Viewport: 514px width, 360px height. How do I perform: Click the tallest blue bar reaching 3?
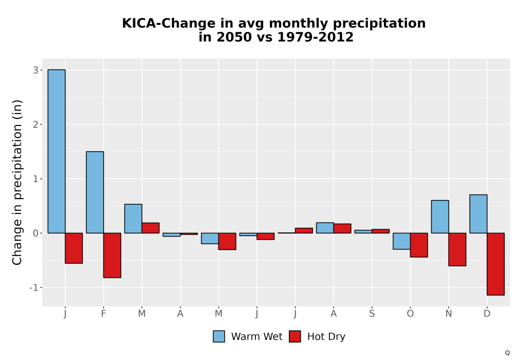click(57, 151)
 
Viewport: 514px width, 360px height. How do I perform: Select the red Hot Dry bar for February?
click(112, 256)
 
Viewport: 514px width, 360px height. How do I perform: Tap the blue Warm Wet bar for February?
click(95, 192)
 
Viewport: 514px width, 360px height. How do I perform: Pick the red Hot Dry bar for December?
click(495, 264)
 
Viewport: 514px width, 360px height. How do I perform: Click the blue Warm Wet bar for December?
click(478, 214)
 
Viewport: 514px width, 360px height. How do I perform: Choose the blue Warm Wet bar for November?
click(440, 217)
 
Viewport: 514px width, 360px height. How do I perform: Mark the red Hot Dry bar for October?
click(419, 245)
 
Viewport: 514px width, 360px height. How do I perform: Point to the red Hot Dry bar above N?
click(457, 249)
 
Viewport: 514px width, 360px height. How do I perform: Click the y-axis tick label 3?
click(35, 70)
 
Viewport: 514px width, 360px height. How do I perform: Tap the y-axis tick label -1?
click(34, 287)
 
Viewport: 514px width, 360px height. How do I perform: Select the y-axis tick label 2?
click(35, 124)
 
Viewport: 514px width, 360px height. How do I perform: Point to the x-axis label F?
click(103, 314)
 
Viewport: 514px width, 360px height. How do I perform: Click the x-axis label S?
click(372, 314)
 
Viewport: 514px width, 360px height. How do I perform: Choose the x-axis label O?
click(410, 314)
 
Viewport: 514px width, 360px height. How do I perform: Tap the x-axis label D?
click(487, 314)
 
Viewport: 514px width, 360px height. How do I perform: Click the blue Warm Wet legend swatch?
click(219, 336)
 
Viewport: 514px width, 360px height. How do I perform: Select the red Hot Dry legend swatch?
click(295, 336)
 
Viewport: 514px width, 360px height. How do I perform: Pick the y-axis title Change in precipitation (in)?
click(17, 182)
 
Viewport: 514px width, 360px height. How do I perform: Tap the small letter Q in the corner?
click(507, 353)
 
